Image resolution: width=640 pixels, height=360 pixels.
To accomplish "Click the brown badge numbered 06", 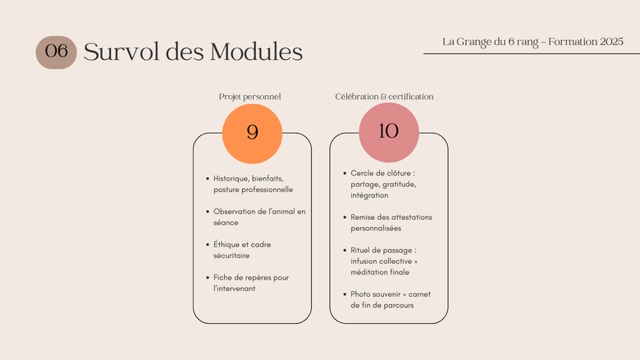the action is (56, 52).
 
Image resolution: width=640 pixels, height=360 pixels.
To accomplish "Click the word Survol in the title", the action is (121, 52).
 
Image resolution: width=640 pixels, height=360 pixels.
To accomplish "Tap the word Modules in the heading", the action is (256, 52).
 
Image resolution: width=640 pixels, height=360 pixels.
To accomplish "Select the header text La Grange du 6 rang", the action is (490, 42).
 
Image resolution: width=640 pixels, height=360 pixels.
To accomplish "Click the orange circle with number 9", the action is (252, 134).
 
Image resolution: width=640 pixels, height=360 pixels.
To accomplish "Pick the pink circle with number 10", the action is (389, 133).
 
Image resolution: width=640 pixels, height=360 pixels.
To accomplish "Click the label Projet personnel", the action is (249, 97).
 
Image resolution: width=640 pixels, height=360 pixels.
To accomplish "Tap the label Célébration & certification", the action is (384, 97).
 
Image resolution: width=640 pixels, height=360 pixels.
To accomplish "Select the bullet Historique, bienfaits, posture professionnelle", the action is (253, 184).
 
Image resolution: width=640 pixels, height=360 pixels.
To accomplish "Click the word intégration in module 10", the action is (369, 195).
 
